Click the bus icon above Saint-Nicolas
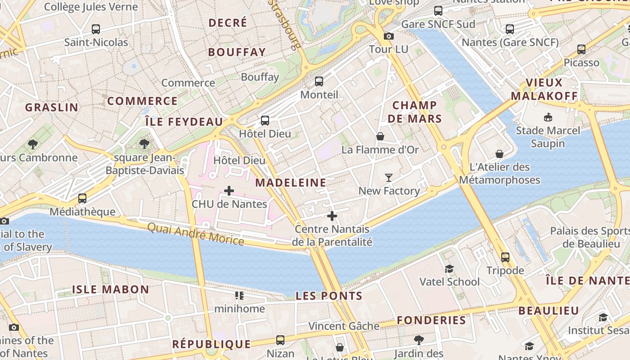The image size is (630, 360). click(x=95, y=29)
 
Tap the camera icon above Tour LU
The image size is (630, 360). click(x=389, y=36)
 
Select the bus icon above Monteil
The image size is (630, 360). click(x=319, y=81)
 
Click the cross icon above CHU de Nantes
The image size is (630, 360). click(x=229, y=191)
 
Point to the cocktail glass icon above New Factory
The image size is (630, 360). click(x=389, y=178)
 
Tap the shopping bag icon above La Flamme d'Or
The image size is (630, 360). click(x=380, y=136)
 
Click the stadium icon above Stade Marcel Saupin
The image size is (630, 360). click(x=548, y=117)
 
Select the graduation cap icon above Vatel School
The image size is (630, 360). click(x=449, y=269)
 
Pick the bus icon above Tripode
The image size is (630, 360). click(x=505, y=257)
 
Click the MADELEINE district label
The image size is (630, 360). click(x=291, y=183)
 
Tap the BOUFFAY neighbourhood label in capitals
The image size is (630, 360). click(x=237, y=52)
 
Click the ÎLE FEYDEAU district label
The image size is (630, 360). click(x=184, y=121)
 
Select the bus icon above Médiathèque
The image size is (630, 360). click(x=82, y=198)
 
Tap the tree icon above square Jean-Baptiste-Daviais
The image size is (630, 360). click(x=144, y=144)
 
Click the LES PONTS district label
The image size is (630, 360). click(x=329, y=296)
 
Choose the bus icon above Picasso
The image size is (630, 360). click(x=581, y=49)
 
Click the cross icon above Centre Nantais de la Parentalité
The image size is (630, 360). click(x=332, y=216)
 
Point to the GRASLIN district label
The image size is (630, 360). click(x=52, y=107)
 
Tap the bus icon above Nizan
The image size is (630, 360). click(x=280, y=340)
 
